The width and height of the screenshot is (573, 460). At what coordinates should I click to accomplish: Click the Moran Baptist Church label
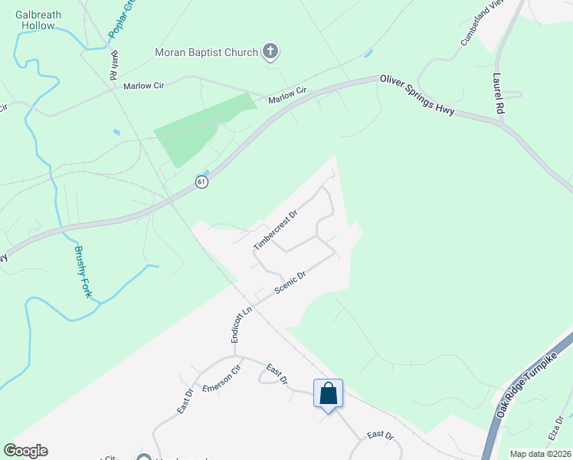[206, 52]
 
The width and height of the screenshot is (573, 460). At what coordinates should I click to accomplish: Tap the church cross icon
[270, 52]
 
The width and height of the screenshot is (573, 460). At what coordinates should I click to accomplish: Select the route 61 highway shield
[201, 182]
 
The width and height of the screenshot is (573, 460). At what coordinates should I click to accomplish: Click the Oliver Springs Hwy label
[417, 95]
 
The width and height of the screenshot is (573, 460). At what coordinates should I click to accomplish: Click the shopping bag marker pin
[328, 395]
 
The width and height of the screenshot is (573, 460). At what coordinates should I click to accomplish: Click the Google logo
[25, 451]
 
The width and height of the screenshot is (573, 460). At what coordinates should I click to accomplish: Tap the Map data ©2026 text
[539, 454]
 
